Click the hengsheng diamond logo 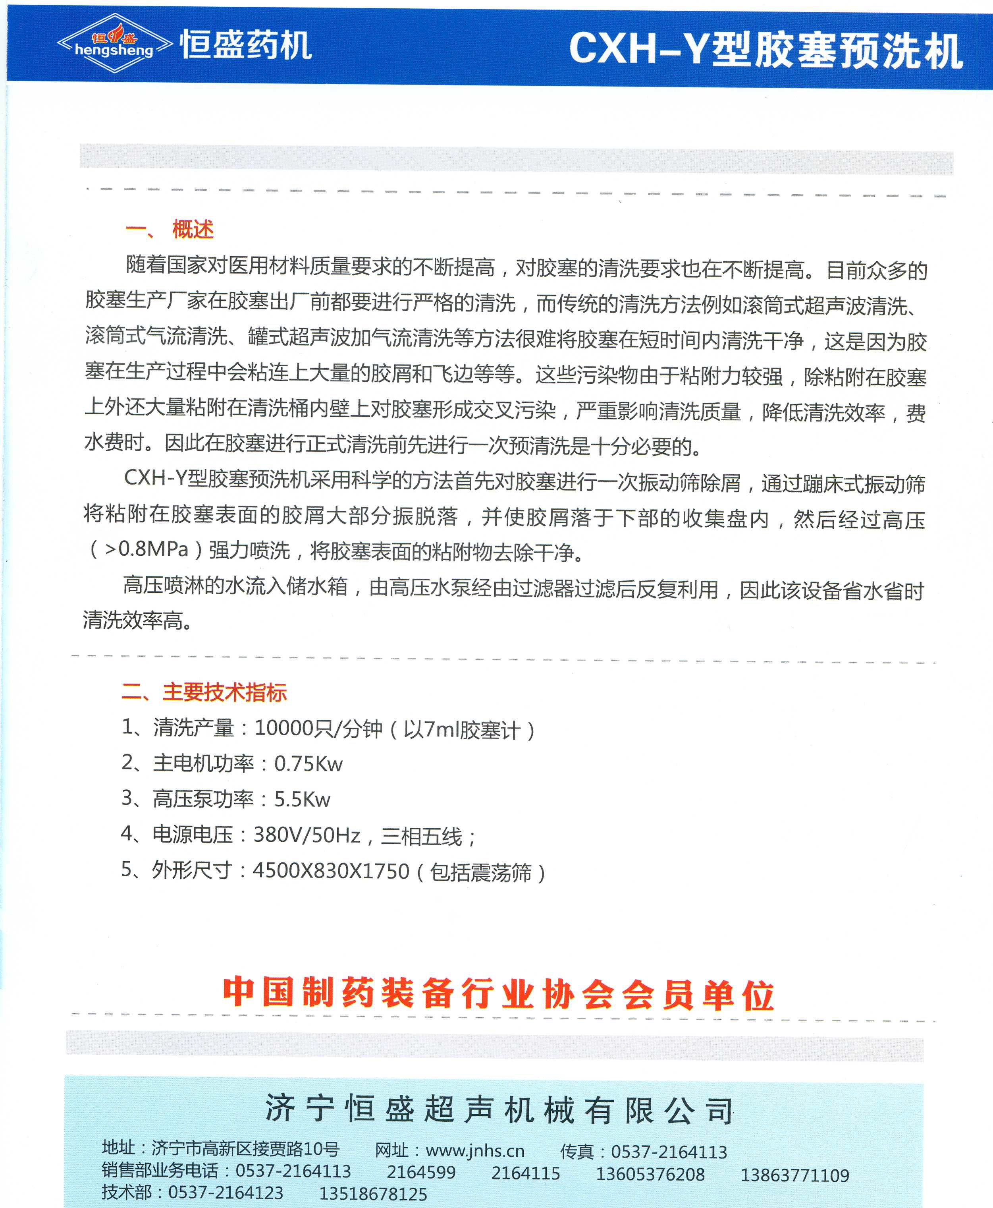click(x=114, y=43)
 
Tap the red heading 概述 click(x=193, y=230)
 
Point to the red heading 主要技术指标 click(x=224, y=692)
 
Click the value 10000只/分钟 click(x=318, y=729)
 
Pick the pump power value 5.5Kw click(x=302, y=799)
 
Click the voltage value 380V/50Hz click(x=307, y=835)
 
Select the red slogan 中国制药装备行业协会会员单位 click(x=497, y=994)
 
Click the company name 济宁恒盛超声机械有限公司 click(x=499, y=1109)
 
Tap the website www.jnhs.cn click(x=475, y=1151)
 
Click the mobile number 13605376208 click(x=650, y=1174)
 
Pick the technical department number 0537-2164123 click(x=226, y=1193)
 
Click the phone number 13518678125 click(x=373, y=1194)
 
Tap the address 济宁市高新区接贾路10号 click(x=245, y=1148)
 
